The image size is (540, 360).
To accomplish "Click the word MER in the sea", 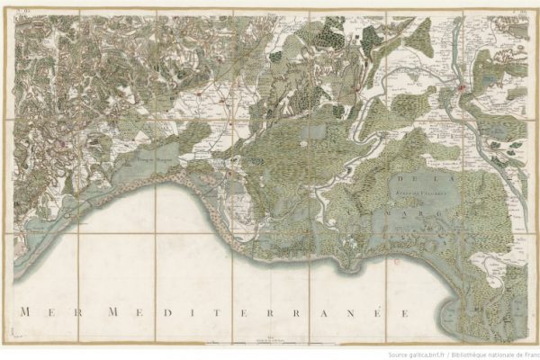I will [49, 312].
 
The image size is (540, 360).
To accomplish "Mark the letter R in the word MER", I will [74, 312].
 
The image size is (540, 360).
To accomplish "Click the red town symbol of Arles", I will [463, 87].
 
